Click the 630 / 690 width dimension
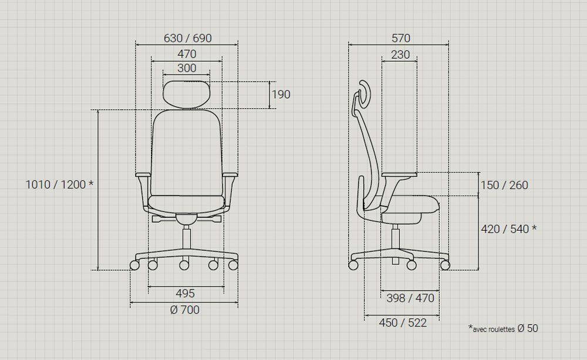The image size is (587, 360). coord(188,38)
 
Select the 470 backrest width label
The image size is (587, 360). coord(187,54)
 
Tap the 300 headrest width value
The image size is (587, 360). coord(187,68)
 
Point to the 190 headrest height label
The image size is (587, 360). coord(281,95)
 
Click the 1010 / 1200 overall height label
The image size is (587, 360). coord(59,184)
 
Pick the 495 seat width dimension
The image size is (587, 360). coord(185,293)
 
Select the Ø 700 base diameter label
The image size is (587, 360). coord(184,310)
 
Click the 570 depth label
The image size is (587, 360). coord(401,38)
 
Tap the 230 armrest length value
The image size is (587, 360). coord(400,55)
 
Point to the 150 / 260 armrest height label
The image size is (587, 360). coord(504,185)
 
